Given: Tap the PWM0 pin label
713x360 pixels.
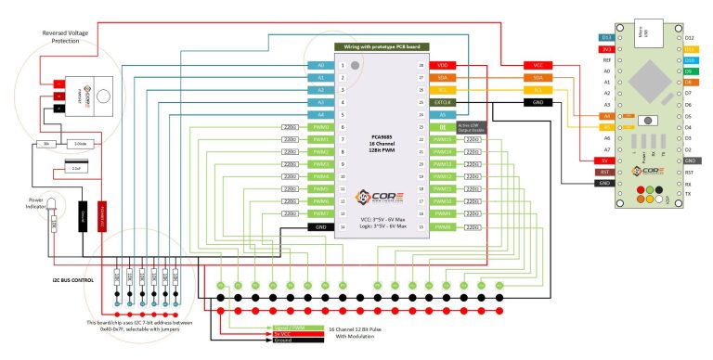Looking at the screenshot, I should click(321, 127).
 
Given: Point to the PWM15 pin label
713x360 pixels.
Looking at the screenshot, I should click(442, 139).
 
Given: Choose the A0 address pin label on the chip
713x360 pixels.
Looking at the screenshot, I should click(321, 66).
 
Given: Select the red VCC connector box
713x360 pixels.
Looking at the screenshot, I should click(538, 66).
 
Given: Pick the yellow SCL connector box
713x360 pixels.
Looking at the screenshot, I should click(538, 90).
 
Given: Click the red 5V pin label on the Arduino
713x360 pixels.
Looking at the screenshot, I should click(606, 161).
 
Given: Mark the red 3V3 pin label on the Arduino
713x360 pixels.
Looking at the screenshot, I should click(606, 49).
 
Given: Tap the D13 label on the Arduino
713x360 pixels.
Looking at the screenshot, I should click(606, 38).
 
